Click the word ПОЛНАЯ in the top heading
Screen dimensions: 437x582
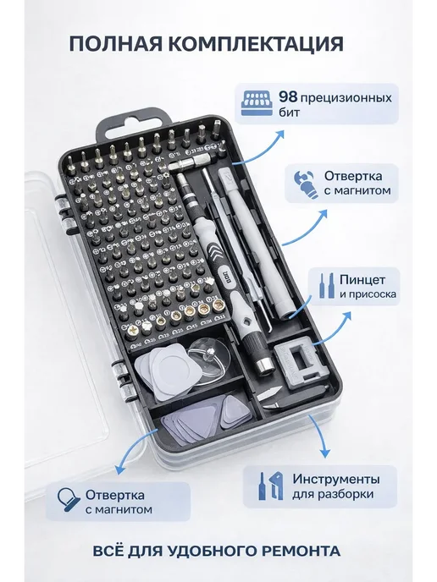[115, 44]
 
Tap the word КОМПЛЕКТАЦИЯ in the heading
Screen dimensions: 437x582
[256, 45]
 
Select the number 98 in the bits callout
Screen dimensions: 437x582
[288, 97]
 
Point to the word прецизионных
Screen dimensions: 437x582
[346, 99]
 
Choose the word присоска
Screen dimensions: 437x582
[373, 294]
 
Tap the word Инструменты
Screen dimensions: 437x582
[336, 479]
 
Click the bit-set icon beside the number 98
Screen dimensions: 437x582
[257, 103]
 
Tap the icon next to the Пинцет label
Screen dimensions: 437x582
[327, 286]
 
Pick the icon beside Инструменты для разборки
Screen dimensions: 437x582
[271, 486]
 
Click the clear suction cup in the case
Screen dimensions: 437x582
[208, 362]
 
